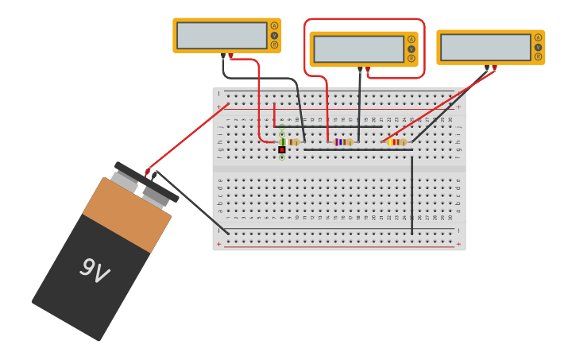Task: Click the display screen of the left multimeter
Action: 222,36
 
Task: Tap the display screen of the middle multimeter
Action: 358,49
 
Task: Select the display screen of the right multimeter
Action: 485,47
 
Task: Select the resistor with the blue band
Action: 342,142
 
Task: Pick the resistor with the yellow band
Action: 396,142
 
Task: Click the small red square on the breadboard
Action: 281,149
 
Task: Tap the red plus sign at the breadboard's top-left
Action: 219,106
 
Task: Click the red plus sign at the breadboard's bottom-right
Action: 458,244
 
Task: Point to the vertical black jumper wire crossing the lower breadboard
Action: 412,195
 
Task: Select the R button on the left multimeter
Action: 274,45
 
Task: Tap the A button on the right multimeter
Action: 538,37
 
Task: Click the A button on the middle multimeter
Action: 411,39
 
